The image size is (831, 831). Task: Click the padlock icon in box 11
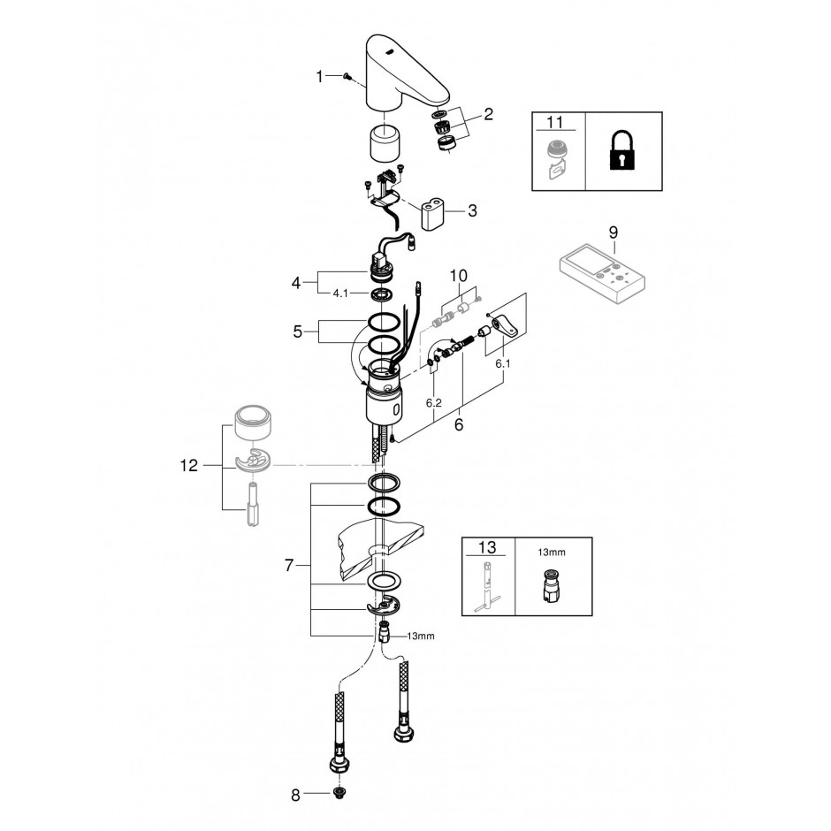tap(624, 151)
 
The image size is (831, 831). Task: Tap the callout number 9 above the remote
tap(614, 233)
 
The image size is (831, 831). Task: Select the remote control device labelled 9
tap(604, 274)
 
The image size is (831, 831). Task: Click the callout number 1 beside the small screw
tap(319, 77)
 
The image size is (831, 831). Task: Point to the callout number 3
tap(472, 210)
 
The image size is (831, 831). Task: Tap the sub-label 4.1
tap(340, 294)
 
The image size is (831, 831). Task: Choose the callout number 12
tap(189, 465)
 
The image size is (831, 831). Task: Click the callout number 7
tap(289, 566)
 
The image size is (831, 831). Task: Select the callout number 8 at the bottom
tap(296, 795)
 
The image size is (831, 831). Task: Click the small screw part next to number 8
tap(337, 793)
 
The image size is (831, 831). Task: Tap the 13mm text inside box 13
tap(551, 553)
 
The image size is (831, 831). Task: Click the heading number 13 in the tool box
tap(487, 547)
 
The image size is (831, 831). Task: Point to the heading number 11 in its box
tap(554, 122)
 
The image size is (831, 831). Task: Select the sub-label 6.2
tap(433, 403)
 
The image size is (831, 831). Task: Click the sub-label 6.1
tap(502, 363)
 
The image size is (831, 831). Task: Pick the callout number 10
tap(459, 276)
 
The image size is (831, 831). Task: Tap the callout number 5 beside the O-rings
tap(297, 332)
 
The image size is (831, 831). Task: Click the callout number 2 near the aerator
tap(488, 114)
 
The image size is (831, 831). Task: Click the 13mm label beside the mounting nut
tap(420, 636)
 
